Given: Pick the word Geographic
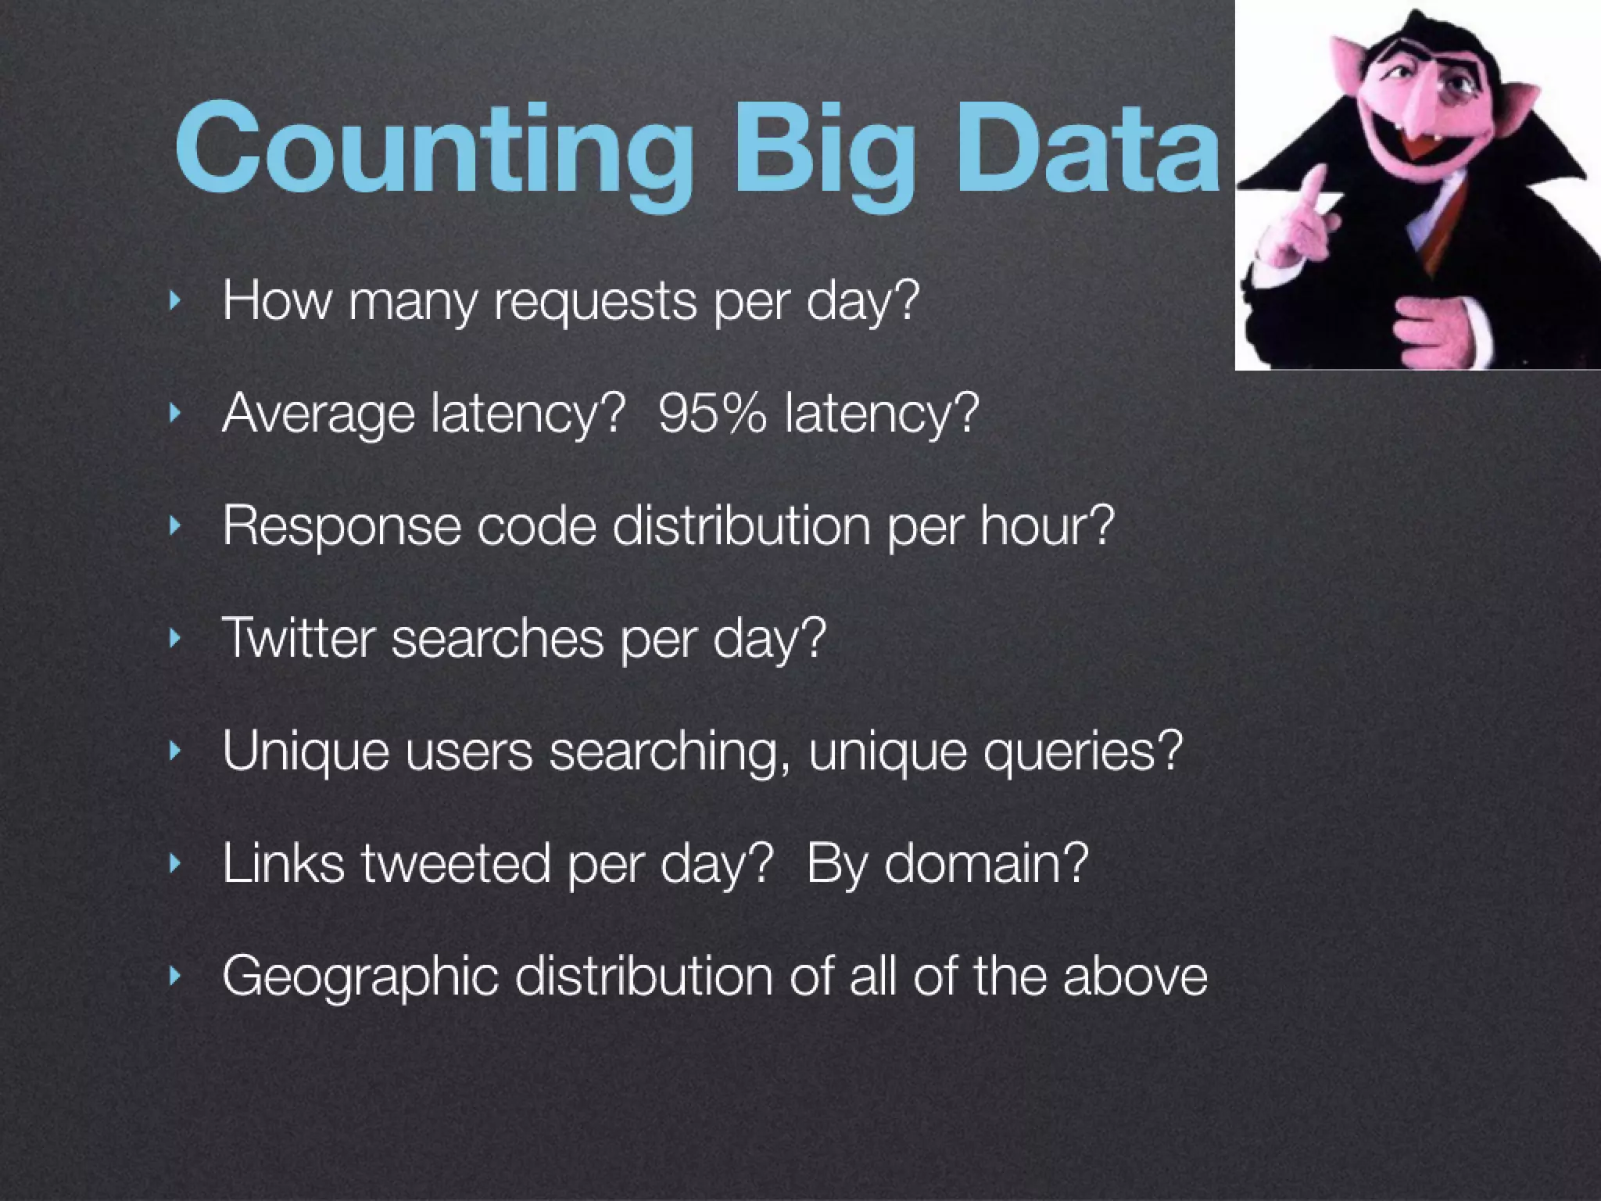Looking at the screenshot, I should click(x=360, y=977).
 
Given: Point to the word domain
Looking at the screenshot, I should click(x=986, y=863).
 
